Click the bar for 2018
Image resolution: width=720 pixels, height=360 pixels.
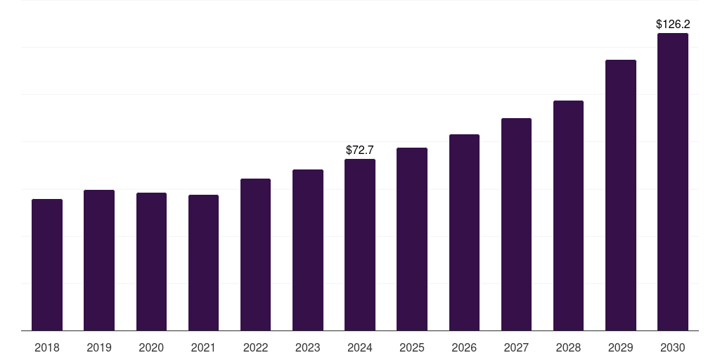click(x=47, y=265)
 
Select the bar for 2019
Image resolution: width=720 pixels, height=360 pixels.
click(x=99, y=260)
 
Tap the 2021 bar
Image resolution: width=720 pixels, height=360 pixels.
click(x=203, y=263)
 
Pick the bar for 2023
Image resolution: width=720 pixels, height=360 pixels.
click(x=308, y=250)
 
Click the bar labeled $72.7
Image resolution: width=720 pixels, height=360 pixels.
click(x=360, y=245)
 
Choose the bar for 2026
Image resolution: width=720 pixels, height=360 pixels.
click(x=464, y=232)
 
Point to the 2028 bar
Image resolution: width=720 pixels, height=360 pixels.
click(x=568, y=216)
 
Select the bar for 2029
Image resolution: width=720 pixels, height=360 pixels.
click(x=621, y=195)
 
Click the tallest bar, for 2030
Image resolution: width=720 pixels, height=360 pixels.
click(x=673, y=182)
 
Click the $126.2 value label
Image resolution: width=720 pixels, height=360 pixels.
click(x=673, y=25)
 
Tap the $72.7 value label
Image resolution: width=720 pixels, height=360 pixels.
click(x=360, y=150)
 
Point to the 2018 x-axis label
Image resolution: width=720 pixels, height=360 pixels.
click(x=47, y=347)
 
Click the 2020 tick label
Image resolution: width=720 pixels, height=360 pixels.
click(x=151, y=347)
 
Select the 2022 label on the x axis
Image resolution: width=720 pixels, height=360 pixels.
click(x=255, y=347)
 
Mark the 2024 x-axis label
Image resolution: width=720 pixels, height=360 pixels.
click(x=360, y=347)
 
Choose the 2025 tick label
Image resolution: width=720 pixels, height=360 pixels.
click(x=412, y=347)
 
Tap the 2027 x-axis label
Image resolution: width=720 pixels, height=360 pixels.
click(x=516, y=347)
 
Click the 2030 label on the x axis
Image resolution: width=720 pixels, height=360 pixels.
click(x=673, y=347)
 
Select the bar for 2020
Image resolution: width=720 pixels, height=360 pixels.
click(x=152, y=262)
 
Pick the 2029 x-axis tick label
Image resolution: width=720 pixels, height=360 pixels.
click(x=621, y=347)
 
